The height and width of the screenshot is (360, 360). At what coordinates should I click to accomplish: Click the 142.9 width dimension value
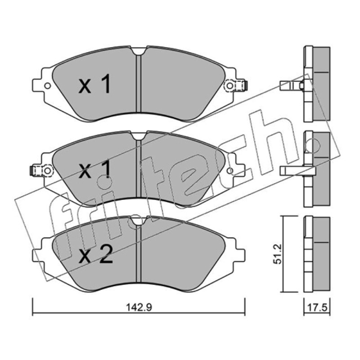pos(139,307)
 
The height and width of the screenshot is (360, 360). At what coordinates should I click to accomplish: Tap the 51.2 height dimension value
pos(278,254)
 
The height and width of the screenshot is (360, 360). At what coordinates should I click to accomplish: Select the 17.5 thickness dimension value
pos(317,307)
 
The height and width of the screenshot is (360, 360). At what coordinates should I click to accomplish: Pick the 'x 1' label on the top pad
pos(94,84)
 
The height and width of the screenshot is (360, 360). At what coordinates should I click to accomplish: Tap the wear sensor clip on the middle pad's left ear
pos(42,171)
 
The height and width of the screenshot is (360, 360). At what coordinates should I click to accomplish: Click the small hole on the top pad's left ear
pos(48,86)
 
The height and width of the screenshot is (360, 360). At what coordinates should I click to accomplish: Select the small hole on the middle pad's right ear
pos(230,171)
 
